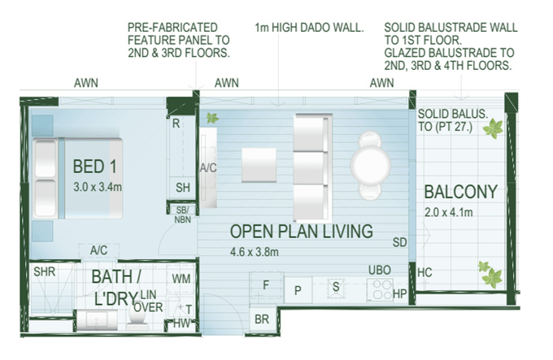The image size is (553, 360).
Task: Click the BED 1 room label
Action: (94, 167)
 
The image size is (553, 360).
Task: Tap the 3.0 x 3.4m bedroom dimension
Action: (98, 187)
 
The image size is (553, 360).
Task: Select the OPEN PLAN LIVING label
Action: (302, 232)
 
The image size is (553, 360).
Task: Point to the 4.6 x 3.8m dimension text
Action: (255, 252)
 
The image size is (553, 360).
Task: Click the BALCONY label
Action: (460, 192)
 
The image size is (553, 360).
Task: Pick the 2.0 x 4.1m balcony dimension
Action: (449, 212)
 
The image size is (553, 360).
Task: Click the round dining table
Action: (370, 164)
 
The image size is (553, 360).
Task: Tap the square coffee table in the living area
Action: (259, 165)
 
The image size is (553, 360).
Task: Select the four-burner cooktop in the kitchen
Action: (380, 289)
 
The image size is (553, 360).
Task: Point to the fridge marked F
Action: (266, 286)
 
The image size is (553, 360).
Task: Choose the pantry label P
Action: (298, 290)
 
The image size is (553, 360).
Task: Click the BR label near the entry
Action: (262, 319)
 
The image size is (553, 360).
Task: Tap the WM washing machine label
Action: (181, 279)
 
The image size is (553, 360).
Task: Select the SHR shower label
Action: (45, 271)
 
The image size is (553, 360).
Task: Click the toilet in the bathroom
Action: (137, 319)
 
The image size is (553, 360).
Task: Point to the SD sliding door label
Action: (400, 242)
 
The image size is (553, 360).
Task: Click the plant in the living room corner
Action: (212, 118)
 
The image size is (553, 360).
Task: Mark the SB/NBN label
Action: (183, 215)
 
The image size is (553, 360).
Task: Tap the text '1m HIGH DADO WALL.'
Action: (309, 28)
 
